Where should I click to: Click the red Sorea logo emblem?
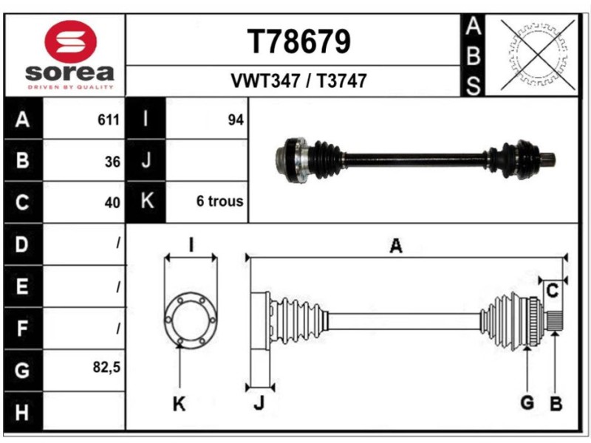point(71,41)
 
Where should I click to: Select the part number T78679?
point(299,42)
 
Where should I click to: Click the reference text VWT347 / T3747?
point(299,81)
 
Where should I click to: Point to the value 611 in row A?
point(109,120)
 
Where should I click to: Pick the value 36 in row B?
point(112,160)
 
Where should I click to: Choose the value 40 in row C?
point(112,202)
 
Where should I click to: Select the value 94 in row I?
point(235,120)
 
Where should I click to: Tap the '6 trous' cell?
point(219,202)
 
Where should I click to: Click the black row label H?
point(22,411)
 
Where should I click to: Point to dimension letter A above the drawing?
point(396,247)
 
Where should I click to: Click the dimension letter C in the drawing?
point(551,291)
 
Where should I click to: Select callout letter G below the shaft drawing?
point(527,403)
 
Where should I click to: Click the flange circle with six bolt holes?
point(191,319)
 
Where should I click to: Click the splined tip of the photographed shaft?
point(548,159)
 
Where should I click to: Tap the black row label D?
point(22,244)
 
